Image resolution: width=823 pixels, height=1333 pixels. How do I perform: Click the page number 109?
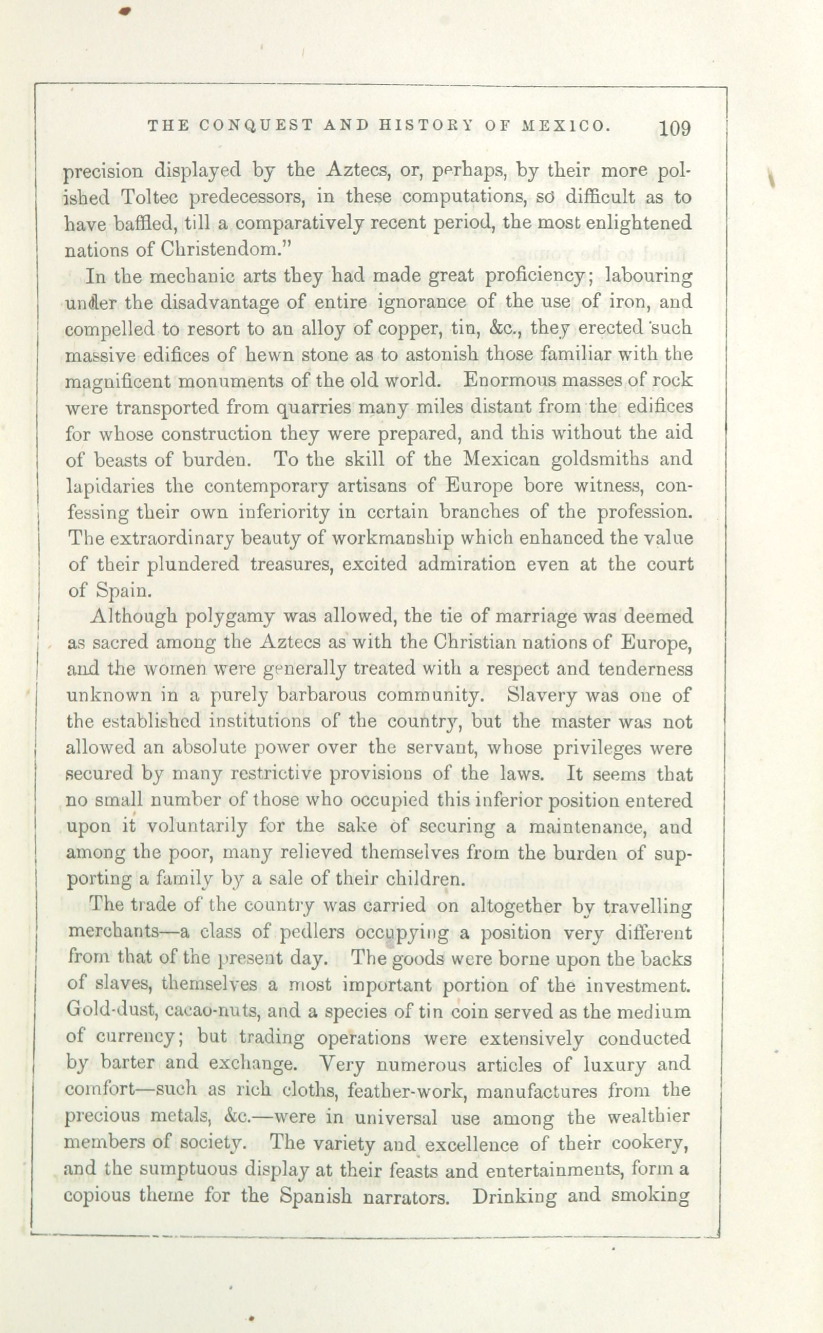click(x=675, y=129)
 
